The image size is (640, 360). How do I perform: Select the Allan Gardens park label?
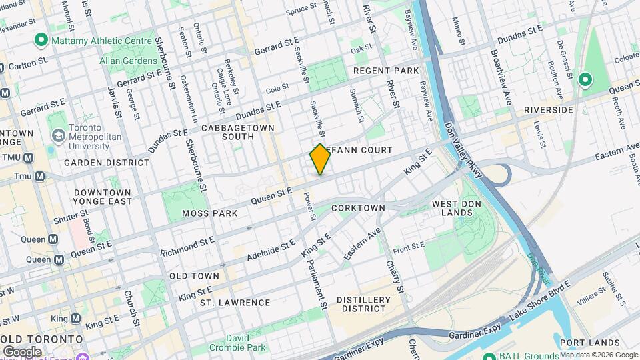[x=128, y=61]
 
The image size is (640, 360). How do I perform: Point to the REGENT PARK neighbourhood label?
[x=386, y=71]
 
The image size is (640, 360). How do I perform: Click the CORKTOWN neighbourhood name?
[x=358, y=208]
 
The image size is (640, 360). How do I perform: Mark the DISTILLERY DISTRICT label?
[x=363, y=304]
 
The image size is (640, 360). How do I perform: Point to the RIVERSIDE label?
[x=549, y=110]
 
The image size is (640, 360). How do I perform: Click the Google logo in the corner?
[x=22, y=351]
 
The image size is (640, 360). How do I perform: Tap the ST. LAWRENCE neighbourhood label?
[x=235, y=303]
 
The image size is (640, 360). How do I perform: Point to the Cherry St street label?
[x=395, y=276]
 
